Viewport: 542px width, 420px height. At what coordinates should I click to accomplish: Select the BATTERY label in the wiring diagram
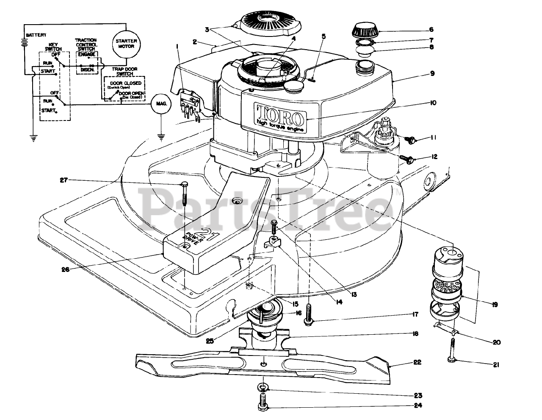[x=36, y=35]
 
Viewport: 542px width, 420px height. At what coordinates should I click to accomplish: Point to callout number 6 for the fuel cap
[x=431, y=29]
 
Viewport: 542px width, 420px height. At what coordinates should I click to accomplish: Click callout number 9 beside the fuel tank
[x=431, y=73]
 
